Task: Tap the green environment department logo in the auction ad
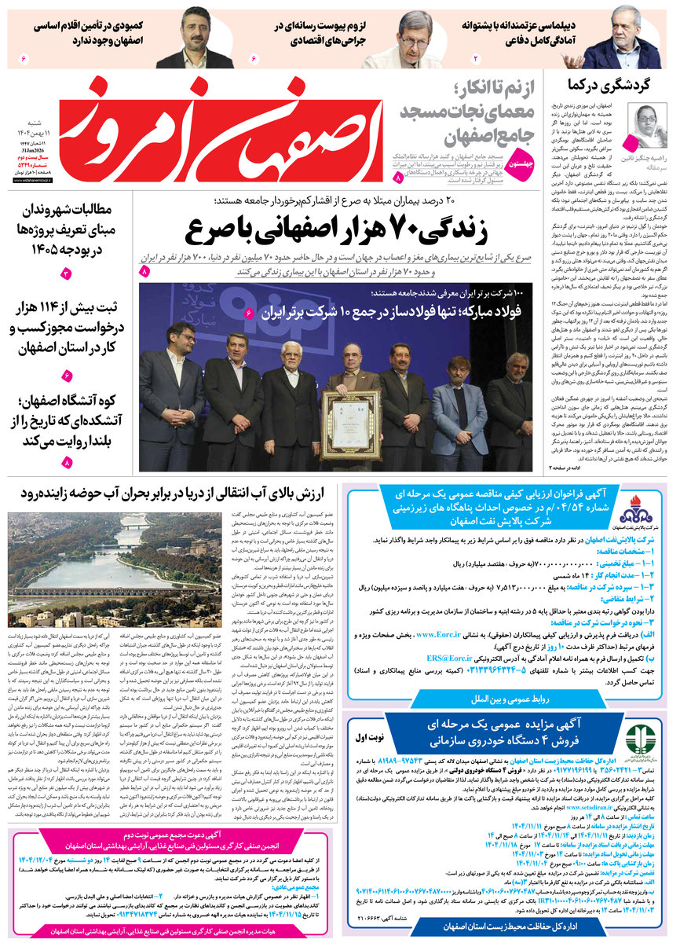(638, 741)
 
